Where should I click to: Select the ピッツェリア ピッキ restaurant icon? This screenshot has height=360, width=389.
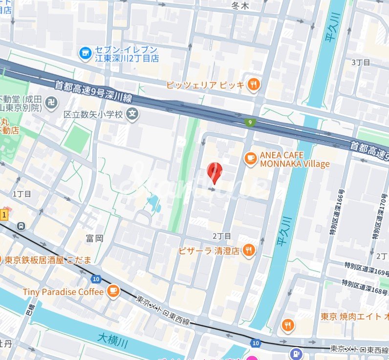[x=253, y=85]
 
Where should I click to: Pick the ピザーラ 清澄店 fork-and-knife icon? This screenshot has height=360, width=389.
[x=249, y=250]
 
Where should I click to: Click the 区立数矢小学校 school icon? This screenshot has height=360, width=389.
[x=131, y=114]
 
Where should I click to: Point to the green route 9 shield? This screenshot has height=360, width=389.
[x=250, y=122]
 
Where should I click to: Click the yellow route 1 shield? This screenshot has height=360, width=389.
[x=4, y=214]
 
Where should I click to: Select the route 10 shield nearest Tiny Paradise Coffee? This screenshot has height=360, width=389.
[x=95, y=279]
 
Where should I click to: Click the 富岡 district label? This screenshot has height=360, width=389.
[x=94, y=238]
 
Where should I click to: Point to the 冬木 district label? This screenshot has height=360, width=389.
[x=240, y=6]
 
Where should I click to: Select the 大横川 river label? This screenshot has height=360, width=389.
[x=112, y=338]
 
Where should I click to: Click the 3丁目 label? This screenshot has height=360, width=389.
[x=361, y=63]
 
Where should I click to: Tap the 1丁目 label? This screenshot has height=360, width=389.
[x=22, y=194]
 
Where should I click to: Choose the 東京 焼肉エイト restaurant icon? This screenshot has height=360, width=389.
[x=288, y=324]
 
